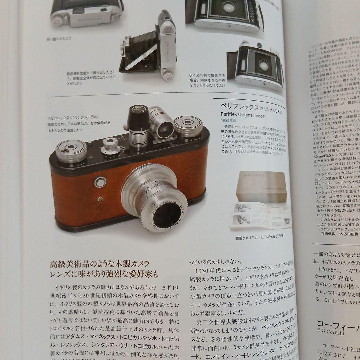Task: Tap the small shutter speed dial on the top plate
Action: (x=111, y=146)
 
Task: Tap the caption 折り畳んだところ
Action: (x=59, y=38)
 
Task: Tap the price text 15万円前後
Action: (x=346, y=234)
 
